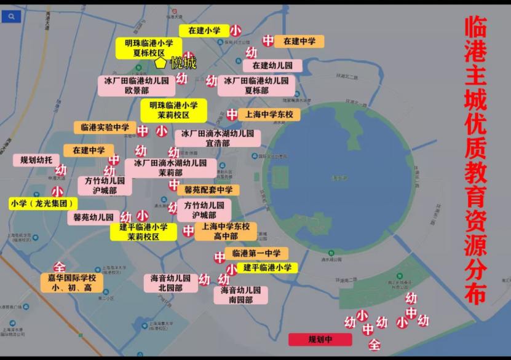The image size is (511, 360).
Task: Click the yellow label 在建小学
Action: point(204,30)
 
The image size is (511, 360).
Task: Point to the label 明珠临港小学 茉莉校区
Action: point(173,111)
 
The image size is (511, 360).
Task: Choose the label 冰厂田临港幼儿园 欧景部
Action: point(137,85)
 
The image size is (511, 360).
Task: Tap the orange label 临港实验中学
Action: point(105,127)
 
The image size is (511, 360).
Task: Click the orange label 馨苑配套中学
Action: point(208,190)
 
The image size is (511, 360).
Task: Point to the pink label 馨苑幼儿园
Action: point(93,217)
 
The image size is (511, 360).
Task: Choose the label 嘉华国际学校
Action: point(72,283)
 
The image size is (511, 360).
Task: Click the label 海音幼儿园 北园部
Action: point(170,283)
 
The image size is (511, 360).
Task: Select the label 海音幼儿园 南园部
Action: point(240,295)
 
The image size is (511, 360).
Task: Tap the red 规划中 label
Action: point(320,339)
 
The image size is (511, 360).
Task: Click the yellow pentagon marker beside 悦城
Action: point(160,63)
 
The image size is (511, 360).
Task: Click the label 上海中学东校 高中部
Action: point(226,231)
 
